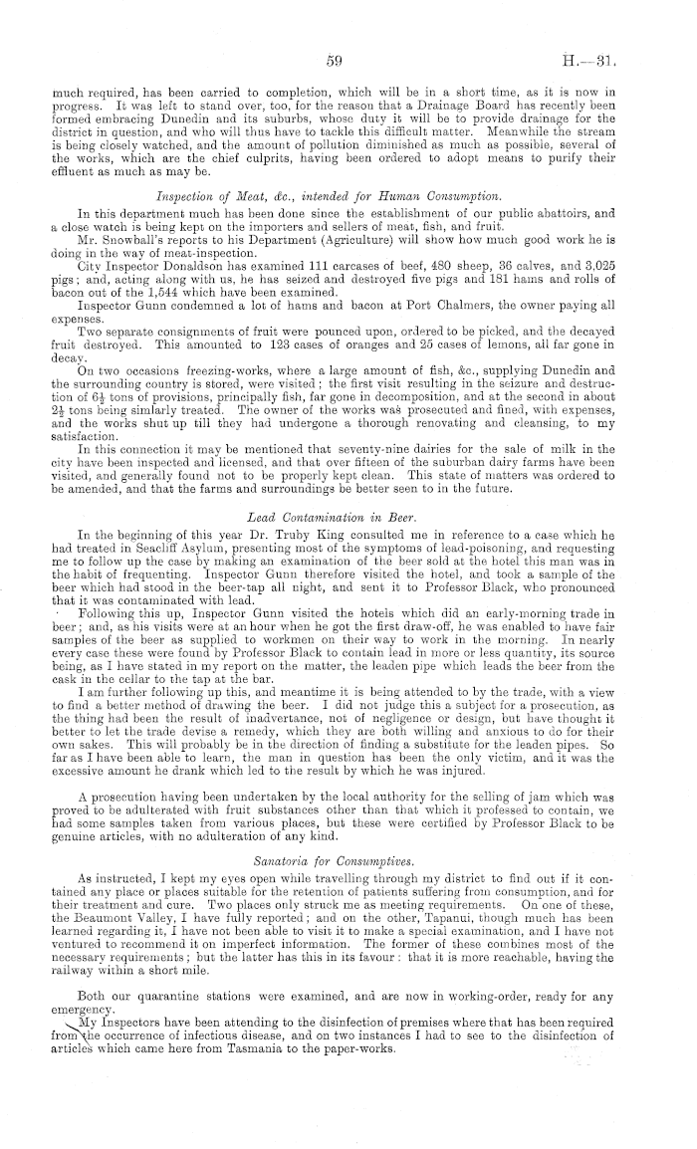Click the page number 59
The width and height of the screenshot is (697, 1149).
[335, 62]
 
